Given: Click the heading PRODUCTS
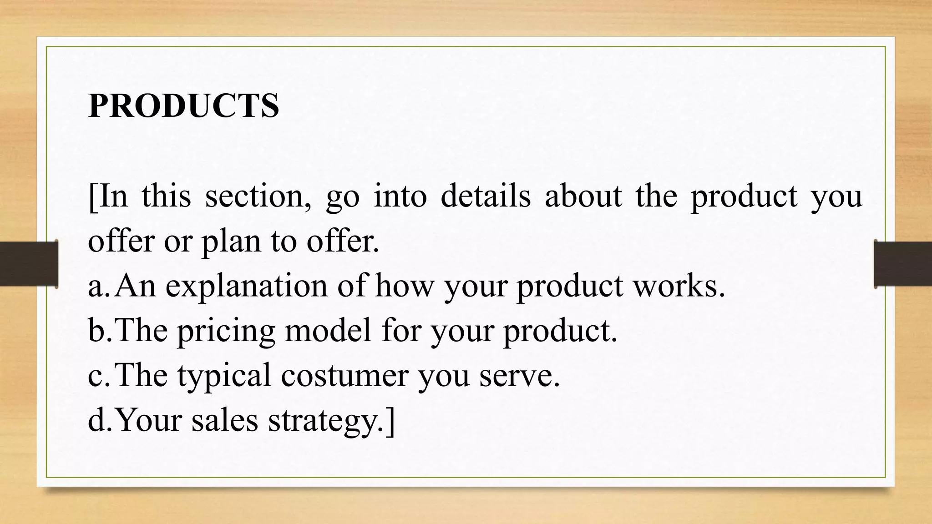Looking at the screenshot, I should coord(183,106).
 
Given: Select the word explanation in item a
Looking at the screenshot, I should coord(246,286).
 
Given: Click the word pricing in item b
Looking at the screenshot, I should coord(226,331).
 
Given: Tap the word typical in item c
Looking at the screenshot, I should coord(224,376).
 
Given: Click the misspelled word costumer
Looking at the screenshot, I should coord(344,376).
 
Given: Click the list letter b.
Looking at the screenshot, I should coord(98,331).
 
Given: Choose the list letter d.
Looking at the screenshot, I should coord(98,420).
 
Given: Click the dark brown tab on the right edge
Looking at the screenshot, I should coord(903,264).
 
